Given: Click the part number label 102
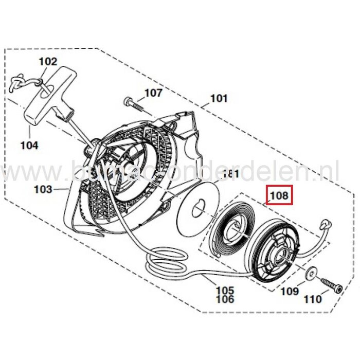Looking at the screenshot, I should (48, 62).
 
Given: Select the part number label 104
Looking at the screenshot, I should (29, 146).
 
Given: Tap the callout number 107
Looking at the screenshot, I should (153, 93).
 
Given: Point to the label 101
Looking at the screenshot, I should (219, 98).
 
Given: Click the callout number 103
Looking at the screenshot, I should (43, 189).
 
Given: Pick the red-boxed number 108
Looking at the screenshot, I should (278, 195).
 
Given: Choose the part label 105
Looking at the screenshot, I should (225, 291).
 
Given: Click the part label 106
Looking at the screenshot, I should (225, 299).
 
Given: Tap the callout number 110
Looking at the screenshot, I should (314, 299).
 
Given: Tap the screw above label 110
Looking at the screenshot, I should (331, 284).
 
